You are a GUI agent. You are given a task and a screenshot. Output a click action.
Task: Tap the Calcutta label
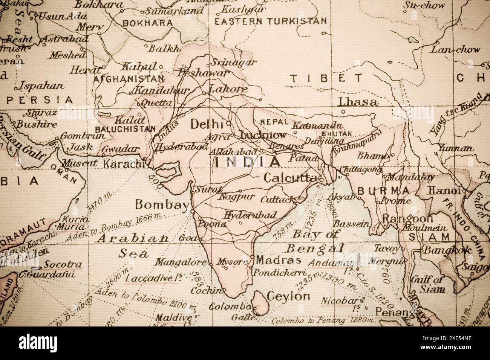(289, 178)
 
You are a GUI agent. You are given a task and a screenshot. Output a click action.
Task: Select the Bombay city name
(162, 205)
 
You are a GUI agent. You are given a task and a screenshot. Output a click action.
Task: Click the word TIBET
(326, 78)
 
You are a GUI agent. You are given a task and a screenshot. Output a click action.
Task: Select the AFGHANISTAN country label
(129, 79)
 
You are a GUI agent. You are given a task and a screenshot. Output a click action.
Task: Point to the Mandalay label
(411, 176)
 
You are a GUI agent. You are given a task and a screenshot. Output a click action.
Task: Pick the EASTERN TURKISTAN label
(270, 21)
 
